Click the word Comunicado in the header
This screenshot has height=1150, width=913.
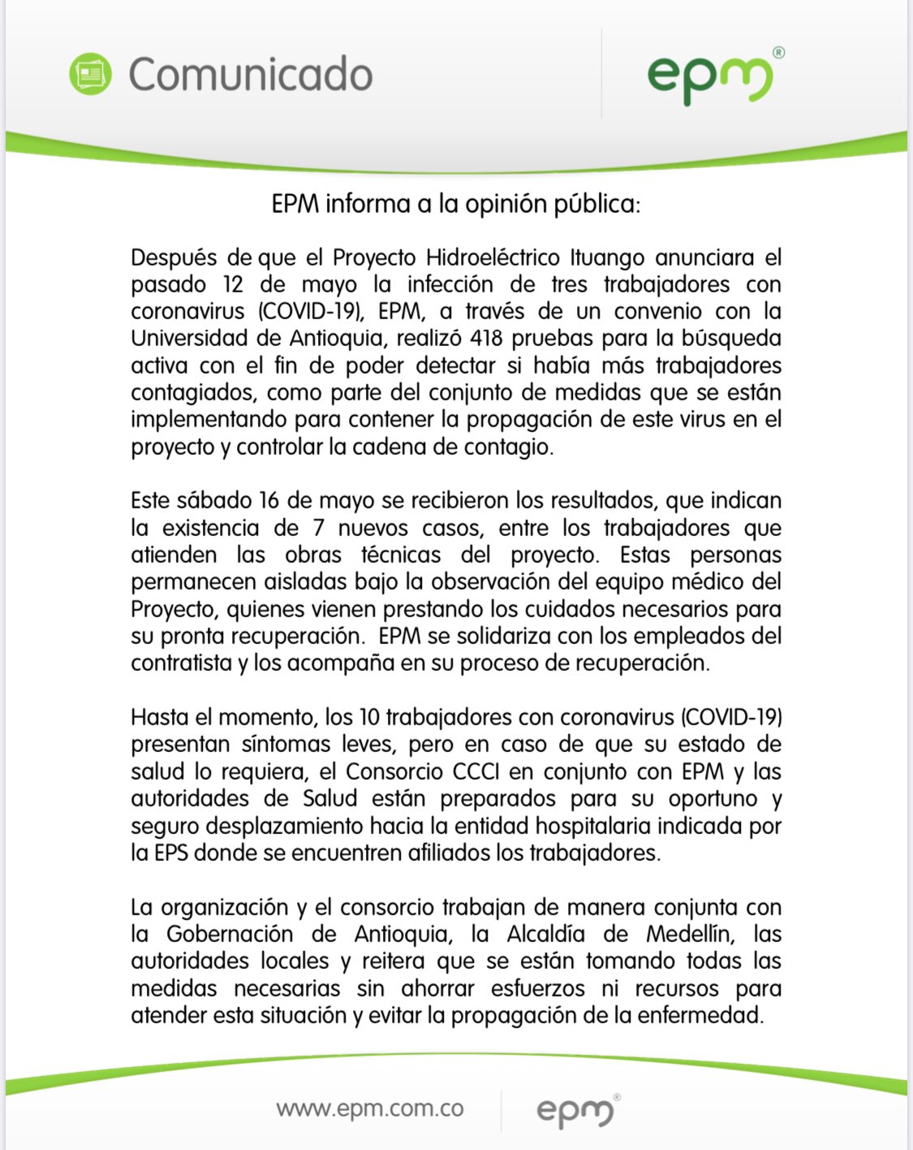point(250,75)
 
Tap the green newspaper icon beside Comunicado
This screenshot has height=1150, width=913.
point(91,74)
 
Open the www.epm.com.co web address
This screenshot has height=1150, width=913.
point(370,1109)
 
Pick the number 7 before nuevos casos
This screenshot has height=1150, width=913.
point(319,528)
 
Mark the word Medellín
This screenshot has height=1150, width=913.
point(690,934)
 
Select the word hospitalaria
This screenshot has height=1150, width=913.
point(590,826)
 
